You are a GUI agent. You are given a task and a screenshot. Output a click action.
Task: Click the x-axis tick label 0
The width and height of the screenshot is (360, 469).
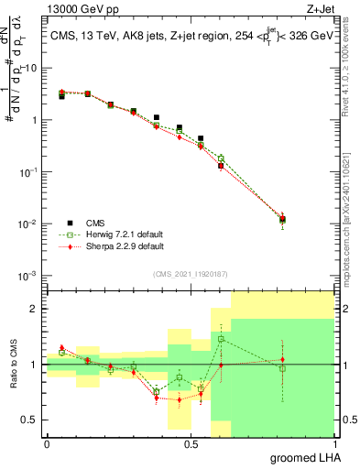[47, 442]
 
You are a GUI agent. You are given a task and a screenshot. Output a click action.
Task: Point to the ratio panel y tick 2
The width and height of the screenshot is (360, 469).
[35, 309]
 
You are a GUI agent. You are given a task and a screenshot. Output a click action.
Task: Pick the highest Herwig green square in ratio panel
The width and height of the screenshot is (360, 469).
[221, 339]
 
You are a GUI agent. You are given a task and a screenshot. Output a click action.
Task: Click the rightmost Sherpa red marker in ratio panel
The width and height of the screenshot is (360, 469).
[282, 360]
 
